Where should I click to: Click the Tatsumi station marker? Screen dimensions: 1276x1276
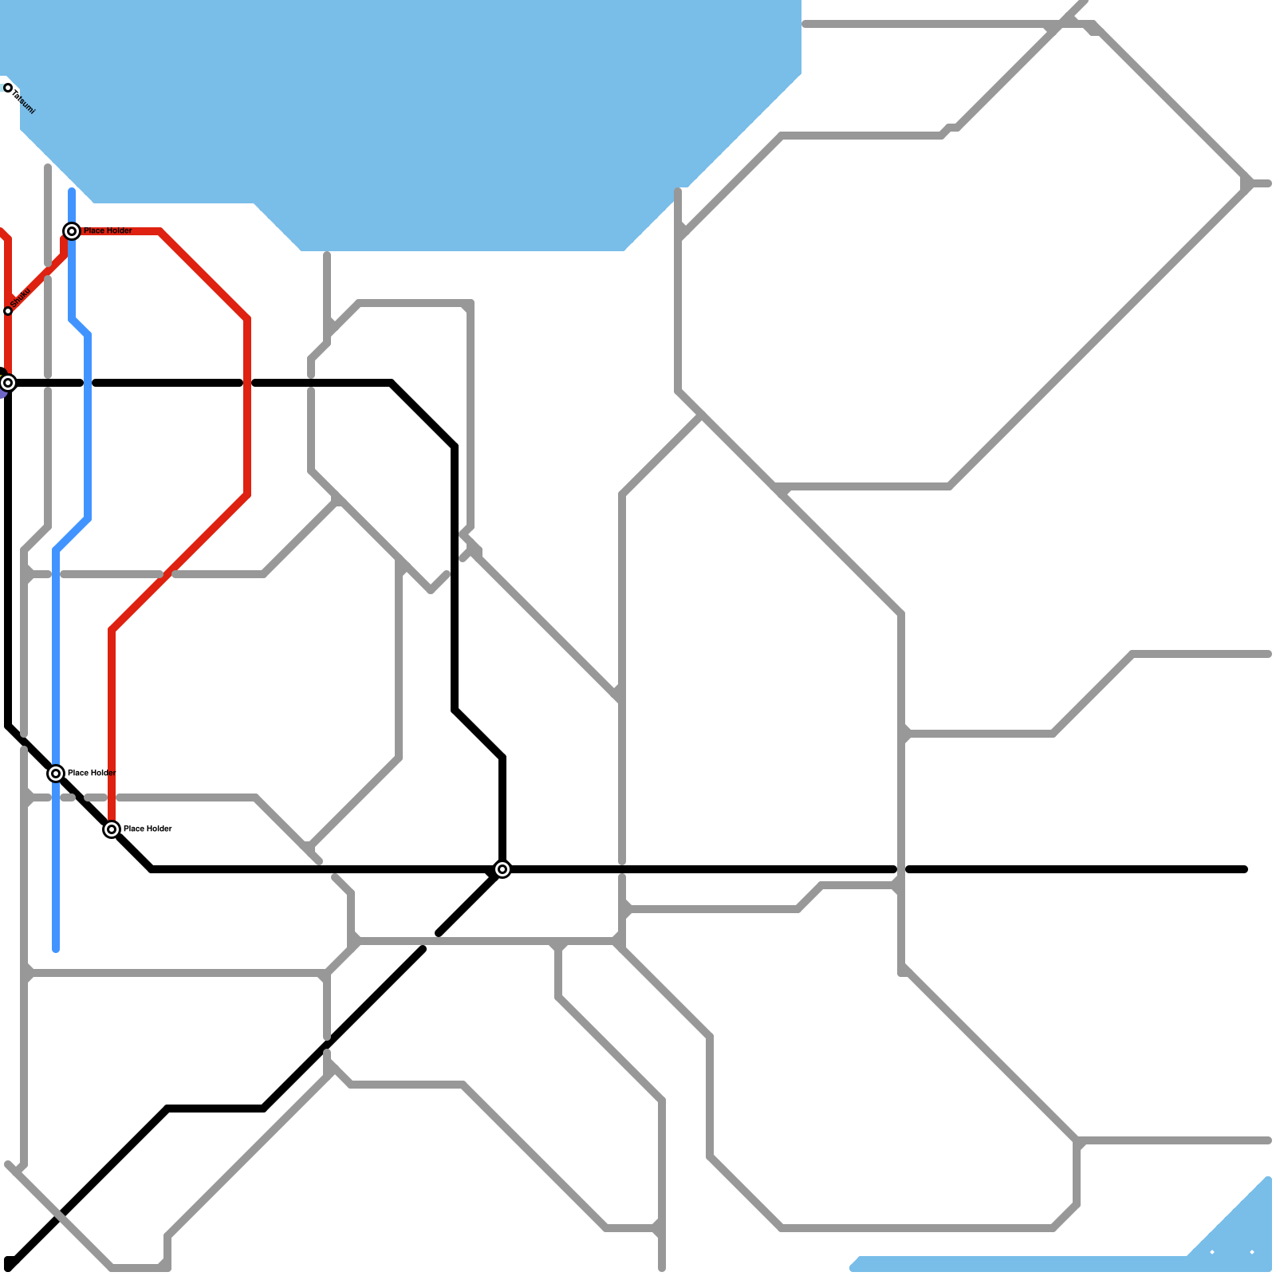[x=8, y=88]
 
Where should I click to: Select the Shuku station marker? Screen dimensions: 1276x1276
[x=8, y=311]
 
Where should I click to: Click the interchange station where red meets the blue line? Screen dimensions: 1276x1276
[x=72, y=231]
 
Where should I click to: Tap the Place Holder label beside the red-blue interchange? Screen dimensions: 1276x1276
[x=108, y=230]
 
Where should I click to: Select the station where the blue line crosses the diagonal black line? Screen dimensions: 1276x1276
[x=56, y=774]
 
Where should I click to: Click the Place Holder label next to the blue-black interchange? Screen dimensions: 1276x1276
[x=92, y=773]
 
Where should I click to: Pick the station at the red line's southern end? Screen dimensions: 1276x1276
[x=112, y=829]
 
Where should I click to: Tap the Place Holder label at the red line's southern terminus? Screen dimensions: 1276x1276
[x=148, y=829]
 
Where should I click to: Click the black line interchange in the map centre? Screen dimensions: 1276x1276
[x=502, y=869]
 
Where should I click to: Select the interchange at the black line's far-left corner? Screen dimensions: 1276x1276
[x=8, y=383]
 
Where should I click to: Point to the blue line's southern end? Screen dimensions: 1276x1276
[x=56, y=949]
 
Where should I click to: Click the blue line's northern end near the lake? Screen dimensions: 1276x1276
[x=72, y=191]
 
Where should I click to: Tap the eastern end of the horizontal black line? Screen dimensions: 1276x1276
[x=1244, y=869]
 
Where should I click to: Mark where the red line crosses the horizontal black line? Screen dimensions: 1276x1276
[x=247, y=383]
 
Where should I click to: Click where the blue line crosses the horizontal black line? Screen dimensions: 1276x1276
[x=88, y=383]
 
